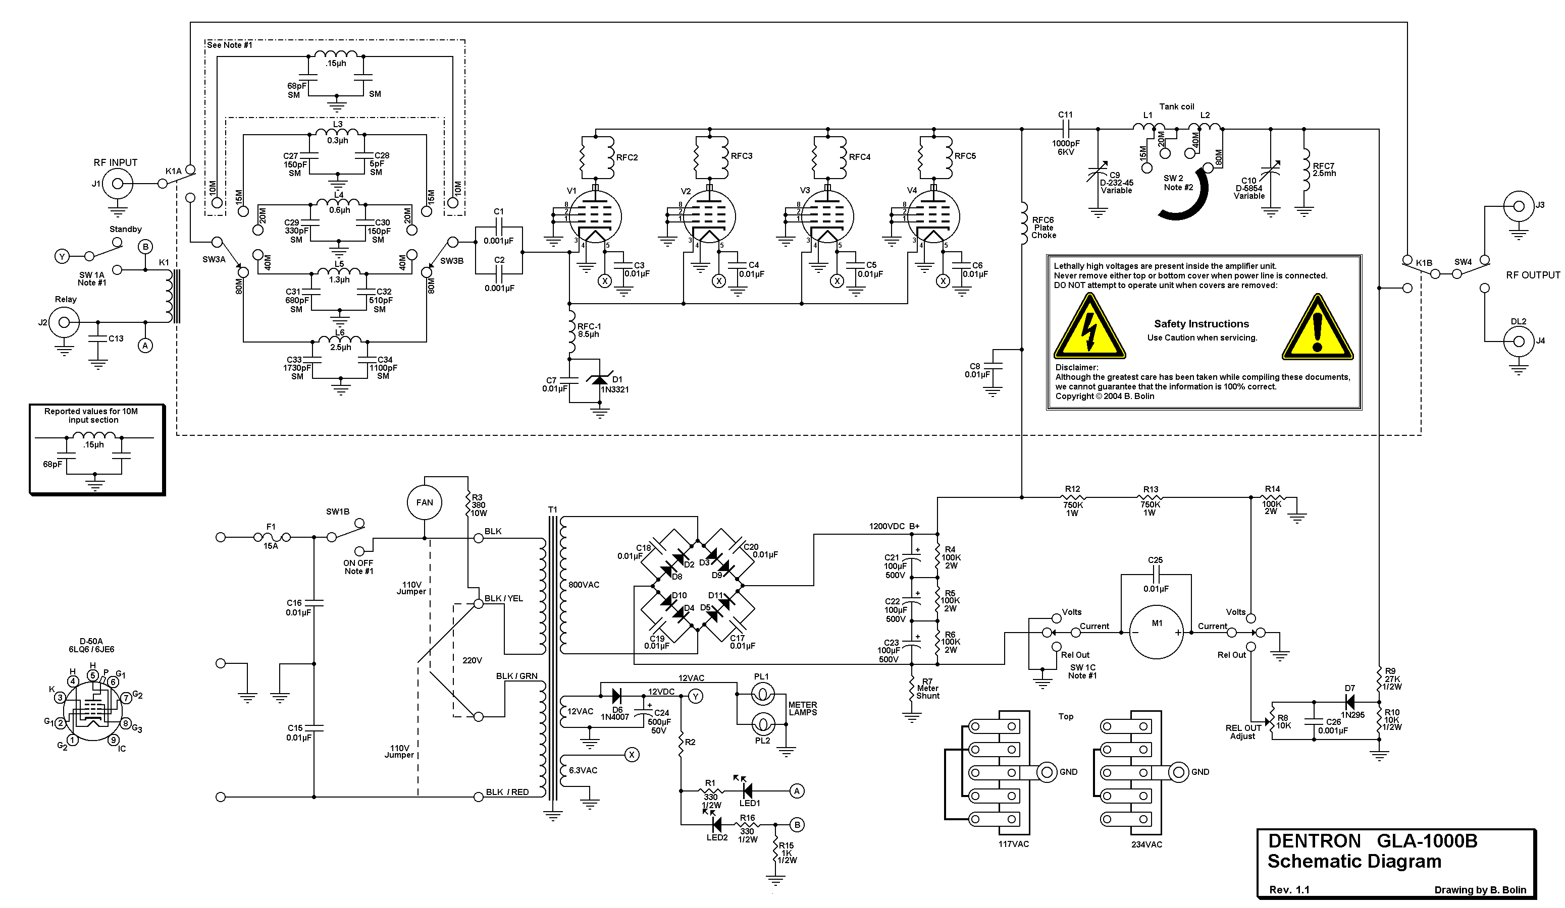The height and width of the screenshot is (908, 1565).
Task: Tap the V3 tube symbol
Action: click(x=826, y=217)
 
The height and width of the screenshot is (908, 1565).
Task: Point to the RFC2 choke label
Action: click(x=627, y=158)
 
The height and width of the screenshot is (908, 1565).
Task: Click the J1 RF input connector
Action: click(x=117, y=184)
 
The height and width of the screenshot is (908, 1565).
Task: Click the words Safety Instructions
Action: click(x=1201, y=324)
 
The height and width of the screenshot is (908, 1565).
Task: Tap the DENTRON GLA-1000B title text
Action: click(x=1373, y=841)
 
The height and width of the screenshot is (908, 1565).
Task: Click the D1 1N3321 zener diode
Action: click(x=599, y=380)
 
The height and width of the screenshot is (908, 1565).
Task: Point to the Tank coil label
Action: click(x=1176, y=107)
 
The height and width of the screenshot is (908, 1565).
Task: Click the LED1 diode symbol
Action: click(x=747, y=790)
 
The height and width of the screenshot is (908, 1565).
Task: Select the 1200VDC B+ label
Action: click(x=894, y=526)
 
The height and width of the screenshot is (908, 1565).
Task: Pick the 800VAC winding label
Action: click(x=584, y=585)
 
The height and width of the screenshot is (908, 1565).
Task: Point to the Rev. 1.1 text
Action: click(x=1289, y=889)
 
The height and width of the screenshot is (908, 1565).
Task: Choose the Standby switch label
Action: click(x=125, y=229)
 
